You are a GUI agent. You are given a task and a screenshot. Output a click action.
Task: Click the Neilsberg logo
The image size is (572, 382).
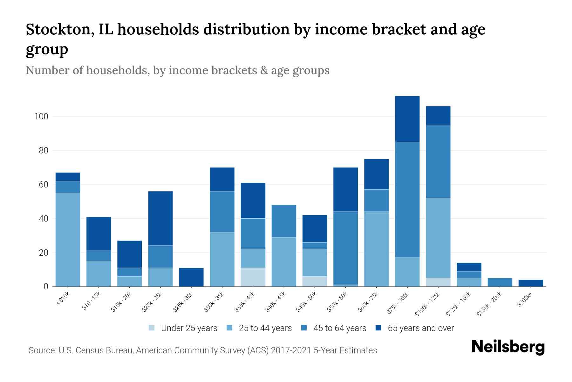(508, 347)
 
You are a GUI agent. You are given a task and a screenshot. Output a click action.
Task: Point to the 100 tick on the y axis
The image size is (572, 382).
(41, 117)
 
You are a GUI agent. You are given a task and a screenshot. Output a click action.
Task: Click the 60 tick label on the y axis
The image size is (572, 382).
(43, 185)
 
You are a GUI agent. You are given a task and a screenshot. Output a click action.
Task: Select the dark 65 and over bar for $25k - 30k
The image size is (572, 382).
(191, 277)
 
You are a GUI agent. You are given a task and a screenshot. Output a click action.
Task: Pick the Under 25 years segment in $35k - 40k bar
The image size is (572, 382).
(253, 277)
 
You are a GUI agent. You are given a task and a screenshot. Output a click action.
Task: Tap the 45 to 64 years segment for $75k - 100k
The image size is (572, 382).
(407, 200)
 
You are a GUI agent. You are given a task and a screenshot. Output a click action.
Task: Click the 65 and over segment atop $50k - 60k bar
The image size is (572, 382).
(345, 189)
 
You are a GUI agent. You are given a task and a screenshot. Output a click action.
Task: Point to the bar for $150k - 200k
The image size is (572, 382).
(500, 282)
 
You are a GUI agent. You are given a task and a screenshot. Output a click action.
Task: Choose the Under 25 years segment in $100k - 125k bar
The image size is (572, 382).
(438, 282)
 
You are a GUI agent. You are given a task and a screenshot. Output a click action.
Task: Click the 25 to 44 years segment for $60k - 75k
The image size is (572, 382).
(376, 249)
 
